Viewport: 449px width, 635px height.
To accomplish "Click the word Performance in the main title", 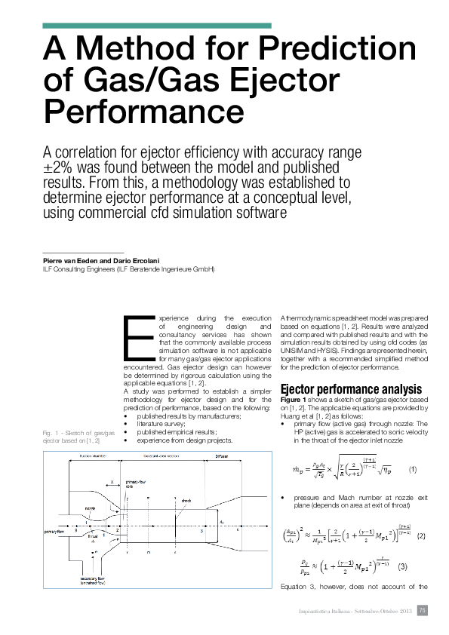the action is (143, 112).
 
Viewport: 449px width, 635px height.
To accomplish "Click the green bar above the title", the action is (157, 26).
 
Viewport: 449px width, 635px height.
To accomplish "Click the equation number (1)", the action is (412, 469).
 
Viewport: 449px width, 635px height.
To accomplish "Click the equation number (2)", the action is (421, 535).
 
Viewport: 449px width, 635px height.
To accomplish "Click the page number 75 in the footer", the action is (423, 610).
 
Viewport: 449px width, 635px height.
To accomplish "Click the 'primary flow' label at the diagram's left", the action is (58, 531).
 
